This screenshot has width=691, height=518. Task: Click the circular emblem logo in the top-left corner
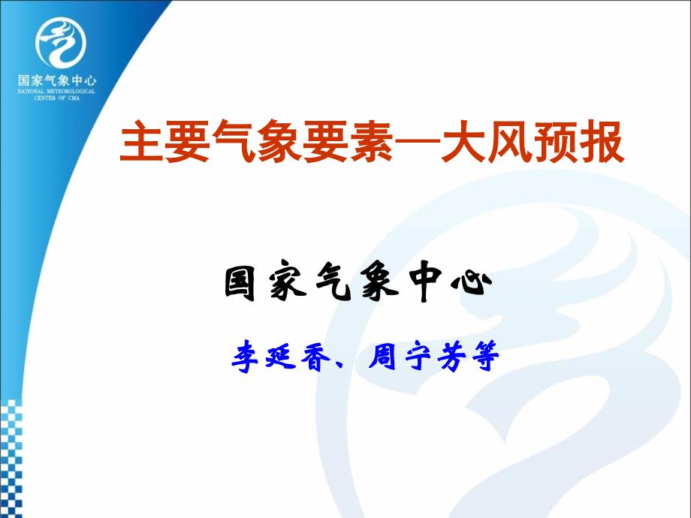(60, 42)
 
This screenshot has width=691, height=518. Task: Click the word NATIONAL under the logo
(31, 92)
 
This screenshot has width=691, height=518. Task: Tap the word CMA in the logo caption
(74, 98)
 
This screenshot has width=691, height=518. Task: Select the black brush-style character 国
(240, 284)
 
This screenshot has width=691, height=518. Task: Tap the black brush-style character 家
(288, 283)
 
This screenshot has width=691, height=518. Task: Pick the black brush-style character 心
(472, 283)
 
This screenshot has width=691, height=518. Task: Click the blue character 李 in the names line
(246, 357)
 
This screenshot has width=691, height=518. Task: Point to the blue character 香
(315, 357)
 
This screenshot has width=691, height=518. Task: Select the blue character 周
(382, 357)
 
